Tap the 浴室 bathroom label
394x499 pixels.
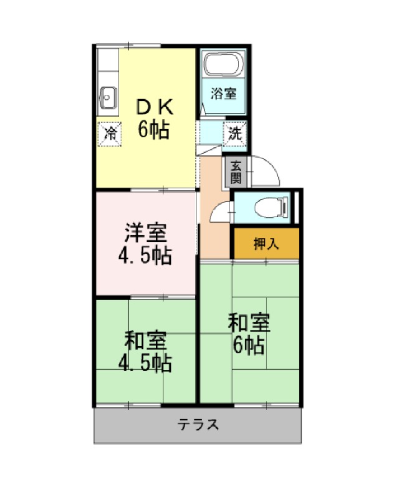click(x=224, y=94)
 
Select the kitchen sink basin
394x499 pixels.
click(x=108, y=97)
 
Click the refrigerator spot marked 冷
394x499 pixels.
click(x=110, y=134)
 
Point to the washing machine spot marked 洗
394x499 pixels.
click(x=235, y=133)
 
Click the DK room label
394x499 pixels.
click(x=155, y=107)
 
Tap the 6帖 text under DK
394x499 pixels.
click(x=153, y=129)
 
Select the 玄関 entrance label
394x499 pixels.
click(x=236, y=172)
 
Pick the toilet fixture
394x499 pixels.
click(x=272, y=208)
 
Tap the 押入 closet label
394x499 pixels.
click(x=266, y=244)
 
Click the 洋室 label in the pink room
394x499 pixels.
click(x=146, y=233)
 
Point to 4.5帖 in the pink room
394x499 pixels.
click(x=145, y=255)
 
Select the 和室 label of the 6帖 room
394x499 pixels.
click(x=249, y=322)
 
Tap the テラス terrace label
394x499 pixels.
click(x=198, y=425)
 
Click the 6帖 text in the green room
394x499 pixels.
click(x=248, y=346)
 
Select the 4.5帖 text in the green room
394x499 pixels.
click(x=145, y=363)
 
